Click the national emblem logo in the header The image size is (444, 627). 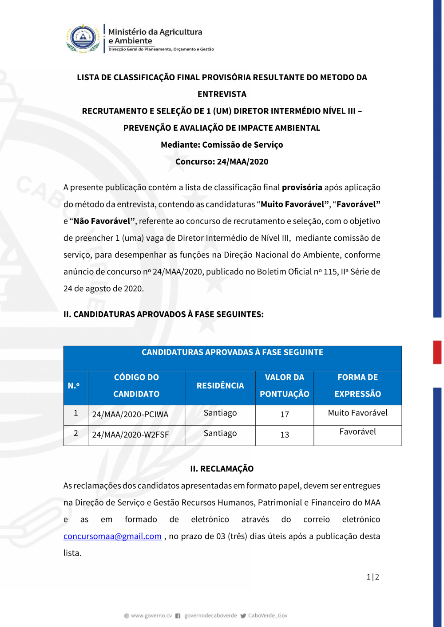(x=83, y=39)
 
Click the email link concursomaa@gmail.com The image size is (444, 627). (x=112, y=536)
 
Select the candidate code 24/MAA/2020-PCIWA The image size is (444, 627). (x=130, y=415)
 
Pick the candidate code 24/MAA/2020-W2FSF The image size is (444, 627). (x=131, y=435)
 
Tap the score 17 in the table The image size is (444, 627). (x=285, y=415)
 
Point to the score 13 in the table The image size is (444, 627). (x=285, y=435)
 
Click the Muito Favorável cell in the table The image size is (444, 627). (x=357, y=413)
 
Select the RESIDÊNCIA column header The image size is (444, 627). (x=220, y=386)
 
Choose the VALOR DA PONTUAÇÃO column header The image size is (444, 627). (x=285, y=386)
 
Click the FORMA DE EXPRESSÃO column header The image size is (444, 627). (x=357, y=386)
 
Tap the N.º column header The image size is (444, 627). (x=74, y=386)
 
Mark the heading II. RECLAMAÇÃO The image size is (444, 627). (x=222, y=469)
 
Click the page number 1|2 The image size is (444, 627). (x=373, y=577)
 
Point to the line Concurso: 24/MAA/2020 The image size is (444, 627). (x=222, y=162)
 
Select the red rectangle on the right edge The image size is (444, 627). (x=437, y=352)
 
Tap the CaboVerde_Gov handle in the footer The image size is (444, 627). (x=267, y=615)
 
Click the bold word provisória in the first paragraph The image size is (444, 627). (x=302, y=188)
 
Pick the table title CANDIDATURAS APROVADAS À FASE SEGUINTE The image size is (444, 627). (x=232, y=353)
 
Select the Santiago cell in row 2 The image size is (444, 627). (x=220, y=433)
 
